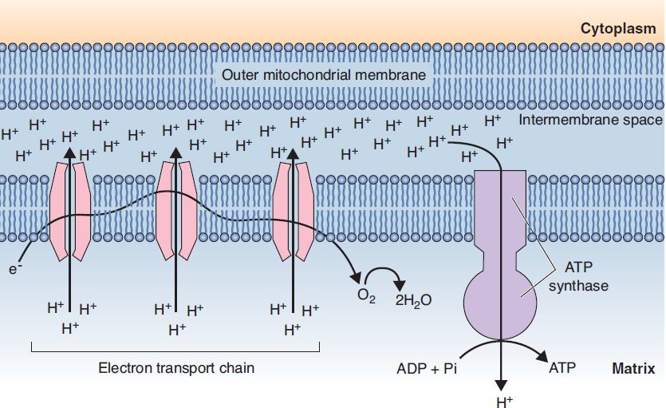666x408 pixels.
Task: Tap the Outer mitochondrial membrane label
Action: [324, 76]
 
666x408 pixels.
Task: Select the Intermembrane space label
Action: [590, 121]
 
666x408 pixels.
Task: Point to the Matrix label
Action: [633, 369]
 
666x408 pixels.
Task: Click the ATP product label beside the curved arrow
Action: [562, 369]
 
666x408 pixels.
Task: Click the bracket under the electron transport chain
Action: [175, 349]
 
